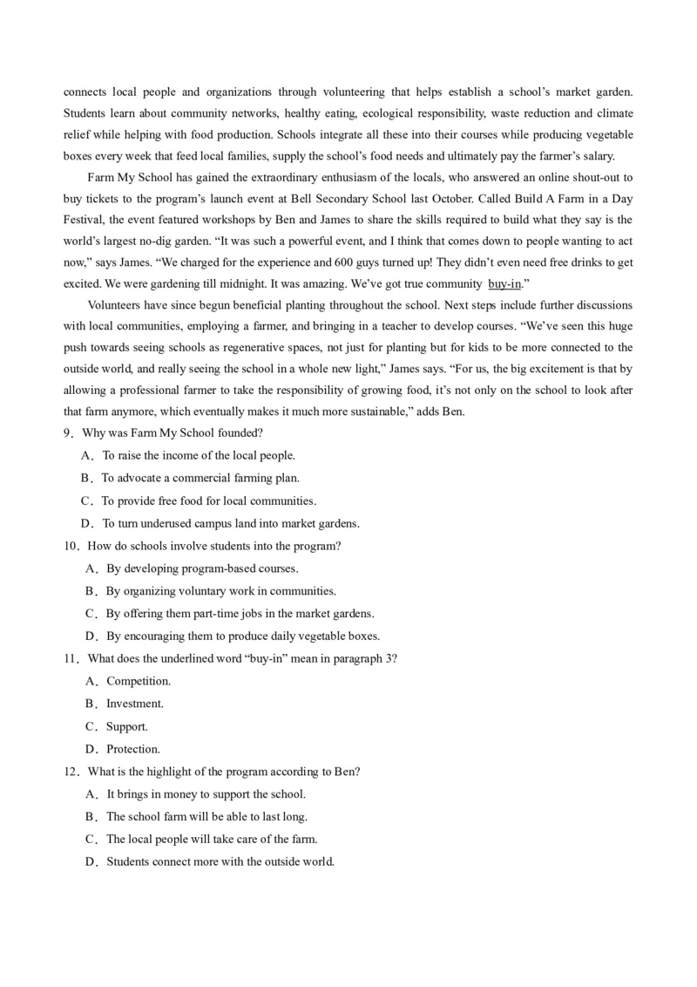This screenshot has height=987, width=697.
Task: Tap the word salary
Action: coord(595,156)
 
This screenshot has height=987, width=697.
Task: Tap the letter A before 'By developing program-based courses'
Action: coord(91,568)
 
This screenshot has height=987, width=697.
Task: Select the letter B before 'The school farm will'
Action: coord(91,817)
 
